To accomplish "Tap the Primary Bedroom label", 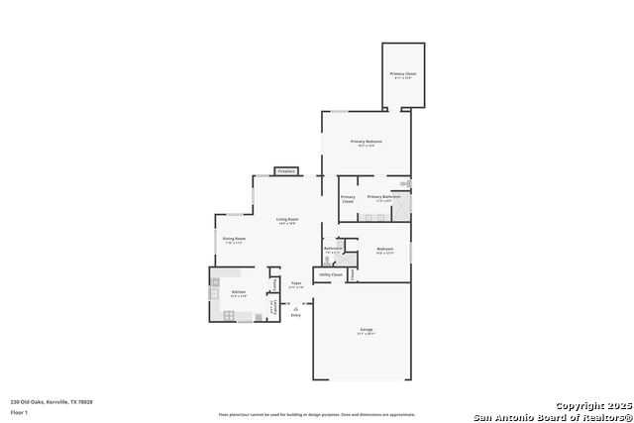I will click(x=367, y=142).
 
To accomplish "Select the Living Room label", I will click(x=287, y=219).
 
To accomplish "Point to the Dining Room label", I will click(x=234, y=239).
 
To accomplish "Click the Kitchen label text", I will click(x=239, y=292).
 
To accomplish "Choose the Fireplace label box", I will click(x=286, y=171).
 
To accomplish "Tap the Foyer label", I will click(x=295, y=283).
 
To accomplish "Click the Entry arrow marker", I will click(x=295, y=309).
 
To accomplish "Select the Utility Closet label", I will click(x=331, y=274).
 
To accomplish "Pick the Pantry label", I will click(x=274, y=283).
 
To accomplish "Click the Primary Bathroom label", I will click(x=383, y=196).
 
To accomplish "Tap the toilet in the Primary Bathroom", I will click(x=405, y=184).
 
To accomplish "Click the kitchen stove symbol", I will click(x=229, y=315).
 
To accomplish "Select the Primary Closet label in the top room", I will click(x=403, y=74).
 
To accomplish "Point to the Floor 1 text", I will click(x=19, y=411).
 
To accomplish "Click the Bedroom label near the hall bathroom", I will click(x=385, y=249).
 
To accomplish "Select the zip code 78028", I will click(x=85, y=402).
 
